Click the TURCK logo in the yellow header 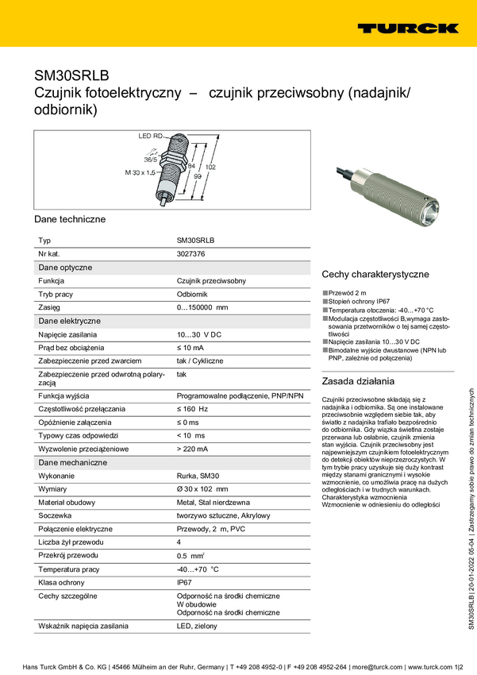tap(407, 28)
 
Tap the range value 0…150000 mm tap(202, 307)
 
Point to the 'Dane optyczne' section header tap(66, 268)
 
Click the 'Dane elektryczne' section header tap(70, 321)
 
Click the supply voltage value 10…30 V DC tap(198, 334)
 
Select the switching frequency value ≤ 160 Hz tap(192, 408)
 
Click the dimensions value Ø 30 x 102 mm tap(202, 488)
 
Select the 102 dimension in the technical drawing tap(210, 168)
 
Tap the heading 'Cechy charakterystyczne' tap(375, 274)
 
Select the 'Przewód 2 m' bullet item tap(347, 293)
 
